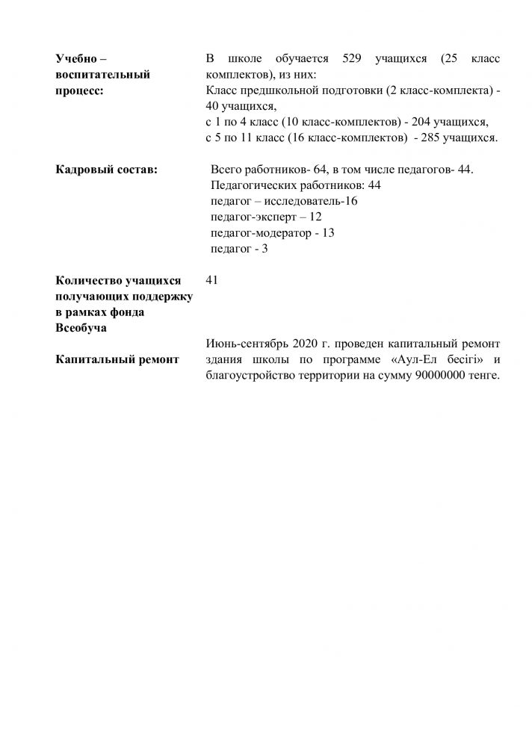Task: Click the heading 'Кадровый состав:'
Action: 106,170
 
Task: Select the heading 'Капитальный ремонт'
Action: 117,359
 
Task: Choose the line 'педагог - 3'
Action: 240,249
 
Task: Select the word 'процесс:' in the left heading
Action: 80,91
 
